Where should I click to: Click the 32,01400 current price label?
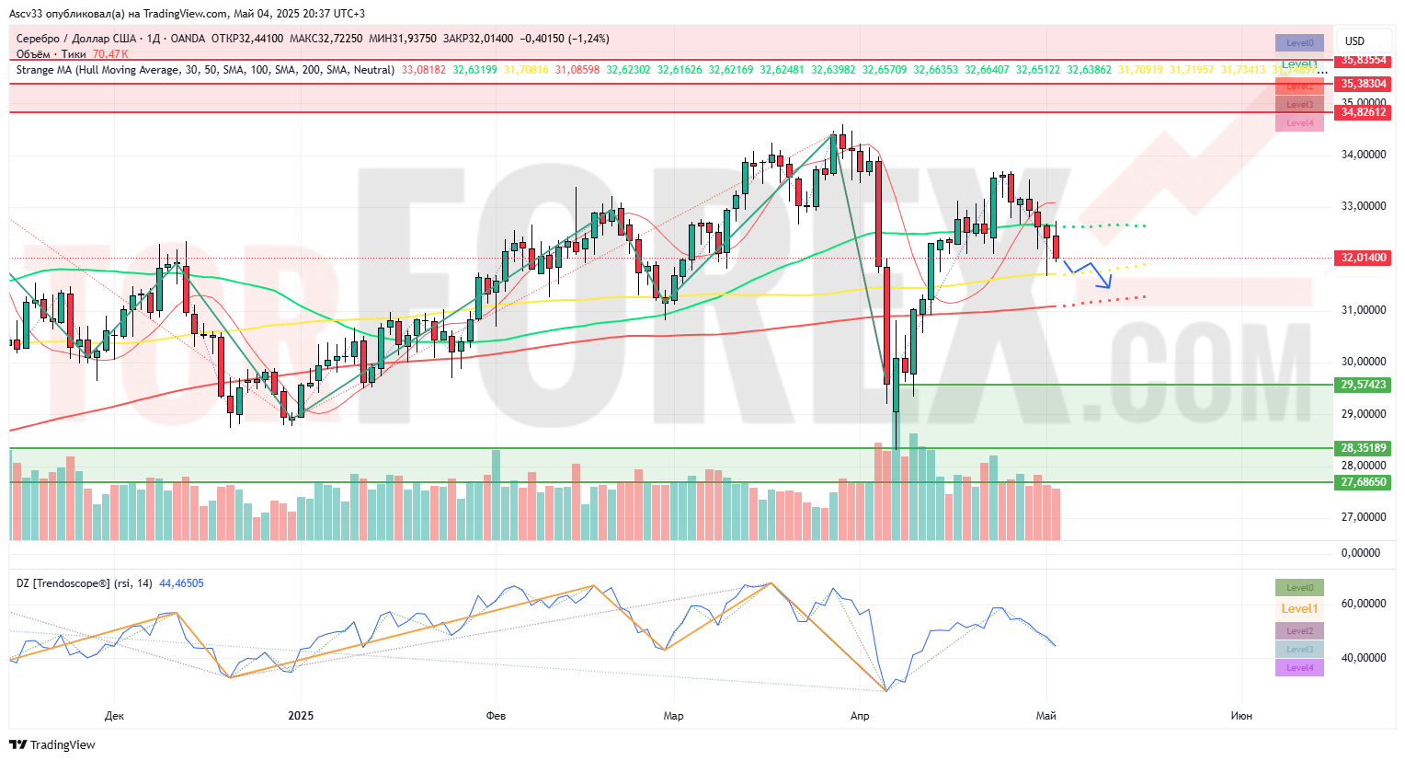tap(1363, 258)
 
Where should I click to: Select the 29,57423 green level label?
tap(1363, 385)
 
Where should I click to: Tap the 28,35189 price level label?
tap(1363, 448)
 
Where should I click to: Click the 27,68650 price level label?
tap(1363, 482)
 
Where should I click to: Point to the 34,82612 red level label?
tap(1363, 112)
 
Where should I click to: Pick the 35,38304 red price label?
tap(1363, 84)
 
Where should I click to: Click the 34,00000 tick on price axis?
tap(1363, 155)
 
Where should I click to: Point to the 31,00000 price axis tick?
tap(1363, 310)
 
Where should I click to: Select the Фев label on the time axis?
tap(496, 716)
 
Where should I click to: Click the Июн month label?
tap(1241, 716)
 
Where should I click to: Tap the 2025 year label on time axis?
tap(301, 716)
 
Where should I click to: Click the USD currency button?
tap(1354, 41)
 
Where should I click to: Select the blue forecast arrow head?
tap(1108, 285)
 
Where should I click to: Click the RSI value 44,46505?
tap(181, 583)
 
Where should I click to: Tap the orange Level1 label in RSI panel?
tap(1299, 608)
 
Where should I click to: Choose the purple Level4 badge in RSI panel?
tap(1299, 668)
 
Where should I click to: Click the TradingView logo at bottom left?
tap(53, 744)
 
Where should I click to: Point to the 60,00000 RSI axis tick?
tap(1363, 604)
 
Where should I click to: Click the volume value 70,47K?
tap(110, 54)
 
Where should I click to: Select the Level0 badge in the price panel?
tap(1299, 42)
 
